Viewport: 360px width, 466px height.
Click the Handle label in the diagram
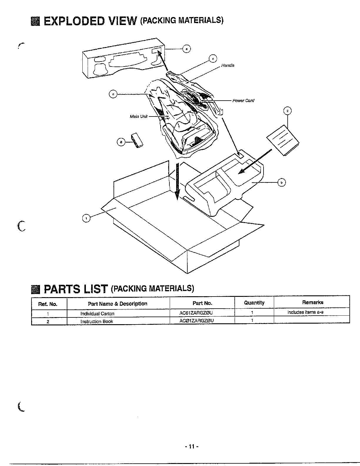(x=228, y=65)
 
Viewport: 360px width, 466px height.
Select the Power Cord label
(x=243, y=101)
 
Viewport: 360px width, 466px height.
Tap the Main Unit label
(x=139, y=116)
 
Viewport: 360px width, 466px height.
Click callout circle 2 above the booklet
(x=287, y=111)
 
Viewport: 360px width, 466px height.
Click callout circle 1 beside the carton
(x=86, y=218)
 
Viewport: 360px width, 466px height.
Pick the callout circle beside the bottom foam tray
(x=282, y=183)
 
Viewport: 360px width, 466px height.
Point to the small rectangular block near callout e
(x=137, y=139)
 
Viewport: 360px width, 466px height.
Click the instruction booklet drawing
(x=283, y=140)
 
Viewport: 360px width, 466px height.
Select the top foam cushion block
(x=124, y=60)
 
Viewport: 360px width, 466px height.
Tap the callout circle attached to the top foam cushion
(x=186, y=49)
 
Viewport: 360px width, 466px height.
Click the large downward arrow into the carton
(x=177, y=181)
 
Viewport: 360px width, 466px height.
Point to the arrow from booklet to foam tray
(x=254, y=162)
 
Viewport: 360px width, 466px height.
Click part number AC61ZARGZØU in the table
(x=196, y=313)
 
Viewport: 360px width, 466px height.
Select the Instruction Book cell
(x=97, y=321)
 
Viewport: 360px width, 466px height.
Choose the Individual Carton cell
(x=97, y=314)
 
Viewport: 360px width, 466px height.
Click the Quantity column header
(x=254, y=303)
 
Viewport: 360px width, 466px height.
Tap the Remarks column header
(x=312, y=302)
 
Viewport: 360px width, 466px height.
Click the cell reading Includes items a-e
(x=305, y=312)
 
